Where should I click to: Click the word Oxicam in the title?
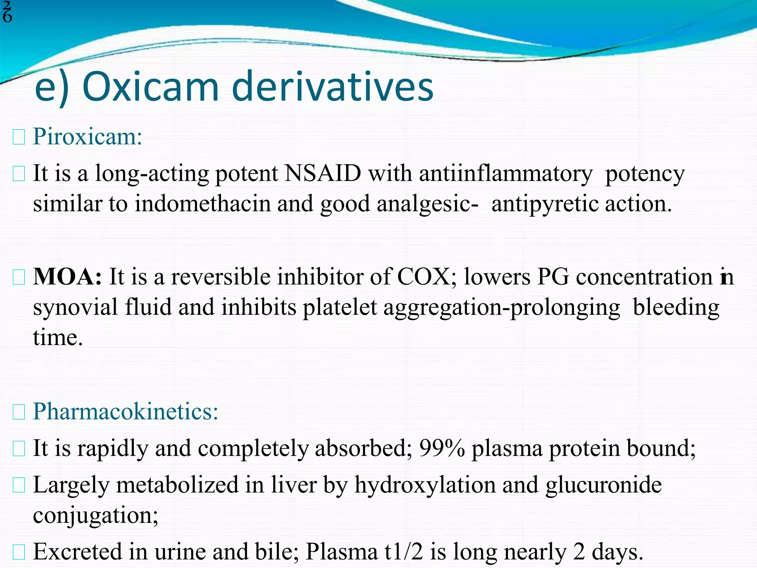tap(151, 87)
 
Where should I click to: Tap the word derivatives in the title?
tap(333, 87)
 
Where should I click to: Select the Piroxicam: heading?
tap(88, 137)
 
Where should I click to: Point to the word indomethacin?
tap(203, 204)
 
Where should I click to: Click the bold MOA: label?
tap(67, 277)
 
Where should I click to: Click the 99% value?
tap(442, 448)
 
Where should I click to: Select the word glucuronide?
tap(603, 485)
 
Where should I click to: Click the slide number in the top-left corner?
tap(7, 13)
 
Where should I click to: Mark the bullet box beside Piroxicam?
tap(19, 138)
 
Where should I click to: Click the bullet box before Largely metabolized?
tap(19, 485)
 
